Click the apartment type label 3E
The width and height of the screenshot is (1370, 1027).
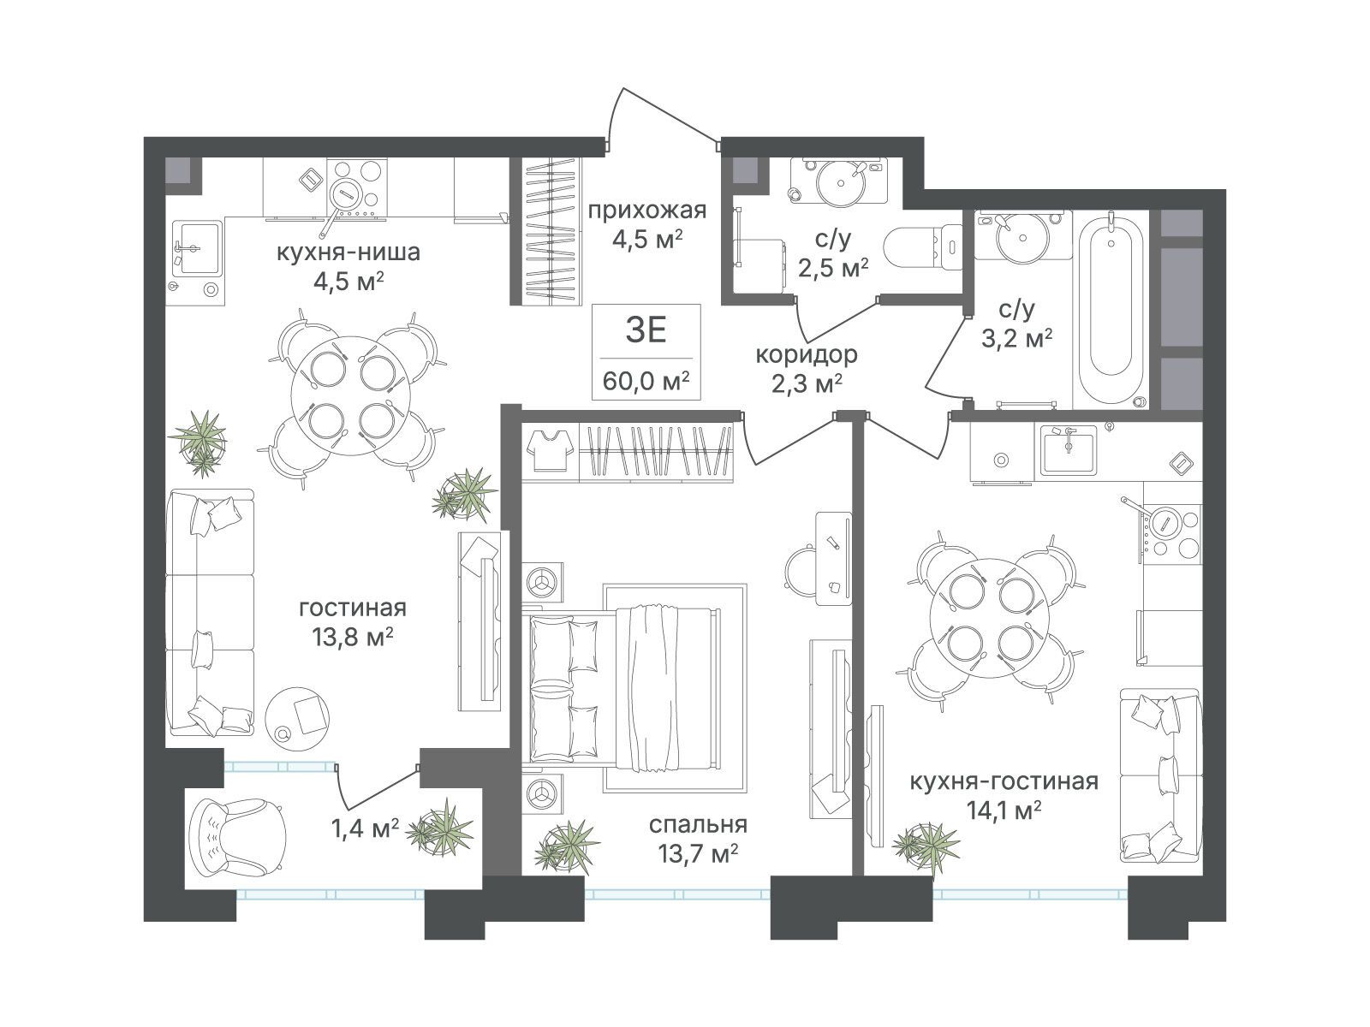(646, 330)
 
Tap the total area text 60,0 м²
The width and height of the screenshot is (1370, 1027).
(646, 380)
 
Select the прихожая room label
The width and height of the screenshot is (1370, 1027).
(647, 211)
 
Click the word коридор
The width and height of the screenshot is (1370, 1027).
(807, 355)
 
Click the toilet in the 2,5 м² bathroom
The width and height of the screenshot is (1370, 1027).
(923, 247)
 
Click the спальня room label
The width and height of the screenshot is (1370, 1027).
(698, 824)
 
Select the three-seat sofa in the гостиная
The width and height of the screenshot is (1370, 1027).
(211, 612)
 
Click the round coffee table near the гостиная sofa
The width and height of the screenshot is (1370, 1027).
(298, 717)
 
